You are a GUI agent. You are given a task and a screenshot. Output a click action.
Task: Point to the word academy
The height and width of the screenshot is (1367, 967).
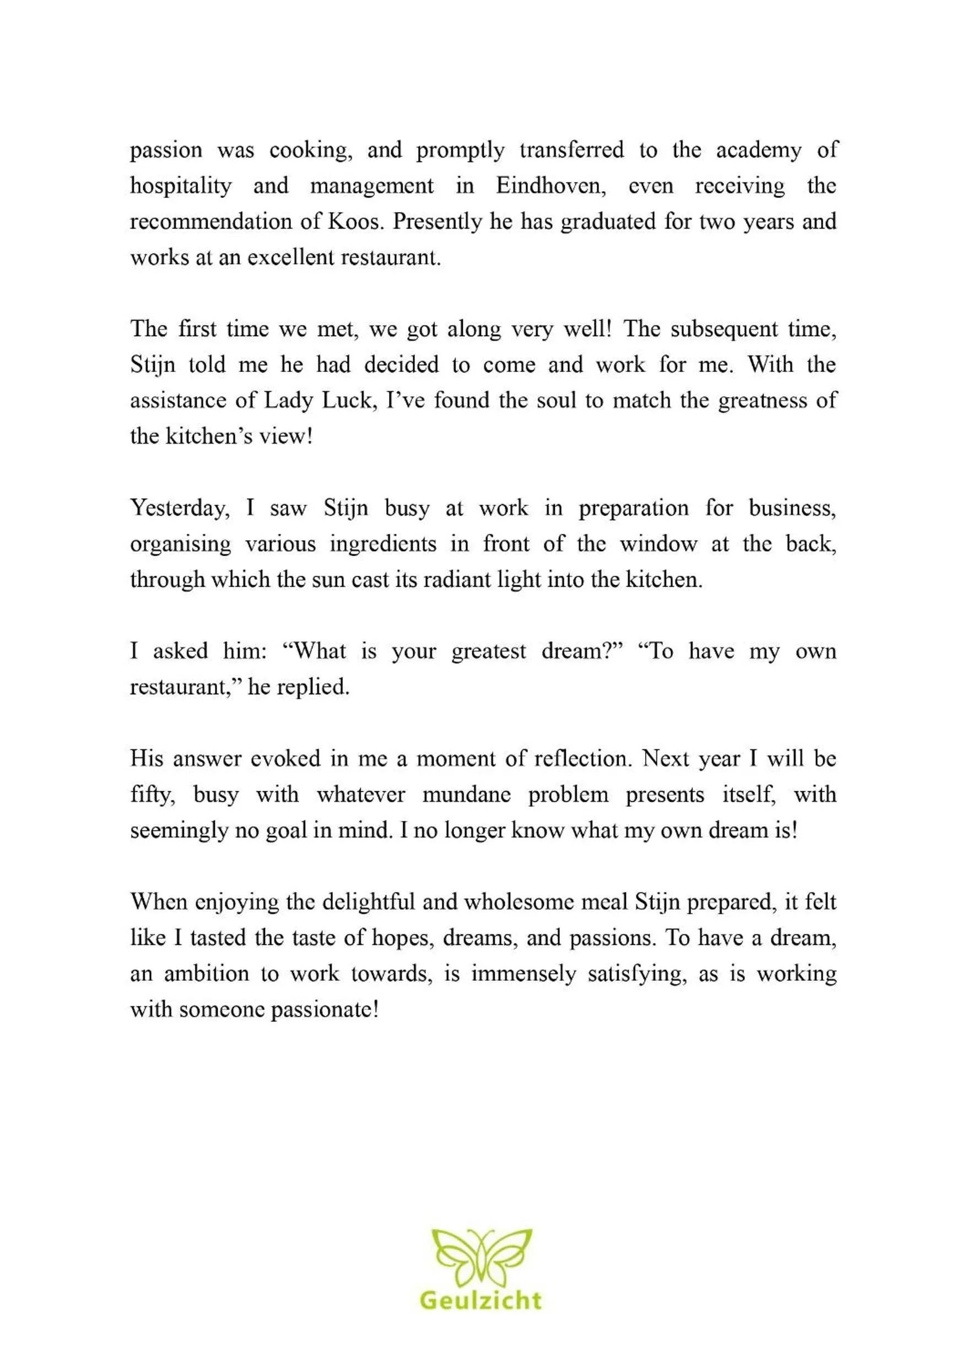759,150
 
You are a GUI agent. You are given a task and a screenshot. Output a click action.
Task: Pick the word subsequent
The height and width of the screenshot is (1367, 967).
724,329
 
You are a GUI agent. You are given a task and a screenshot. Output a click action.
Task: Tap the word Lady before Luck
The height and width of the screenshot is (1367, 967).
285,401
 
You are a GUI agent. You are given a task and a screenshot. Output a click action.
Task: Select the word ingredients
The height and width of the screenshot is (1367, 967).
383,544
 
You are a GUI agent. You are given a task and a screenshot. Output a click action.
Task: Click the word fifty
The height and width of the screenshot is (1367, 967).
153,795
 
